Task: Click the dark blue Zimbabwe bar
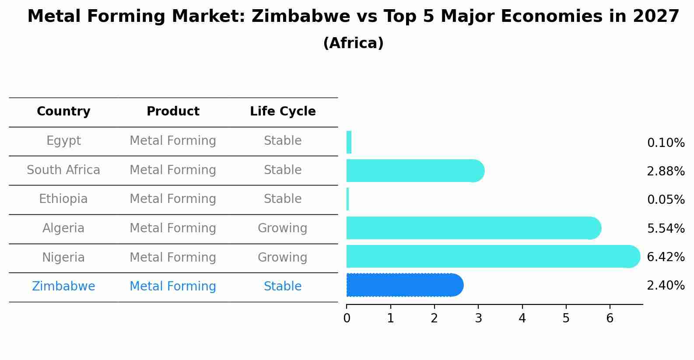(x=403, y=285)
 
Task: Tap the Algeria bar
(x=473, y=228)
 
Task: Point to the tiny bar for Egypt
(x=349, y=142)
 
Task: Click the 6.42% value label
(x=666, y=257)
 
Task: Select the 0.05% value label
(x=666, y=200)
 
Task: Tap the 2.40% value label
(x=666, y=286)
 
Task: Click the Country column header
(x=63, y=112)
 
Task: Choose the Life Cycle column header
(x=283, y=112)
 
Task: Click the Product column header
(x=173, y=112)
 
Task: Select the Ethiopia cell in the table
(x=63, y=199)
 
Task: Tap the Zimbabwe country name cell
(x=63, y=287)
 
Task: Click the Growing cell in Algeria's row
(x=282, y=228)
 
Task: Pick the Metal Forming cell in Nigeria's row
(x=173, y=257)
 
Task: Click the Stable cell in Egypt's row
(x=283, y=141)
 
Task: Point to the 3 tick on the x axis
(x=478, y=318)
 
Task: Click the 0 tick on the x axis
(x=347, y=318)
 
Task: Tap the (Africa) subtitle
(x=353, y=43)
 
